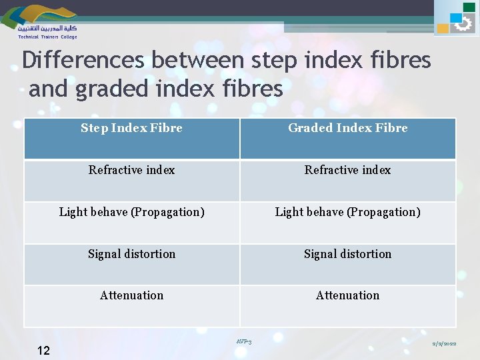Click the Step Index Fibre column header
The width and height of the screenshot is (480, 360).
click(131, 128)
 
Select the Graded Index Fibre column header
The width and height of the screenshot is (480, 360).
click(347, 128)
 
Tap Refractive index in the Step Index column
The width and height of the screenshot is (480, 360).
click(131, 170)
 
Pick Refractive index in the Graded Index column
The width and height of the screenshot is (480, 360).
click(347, 170)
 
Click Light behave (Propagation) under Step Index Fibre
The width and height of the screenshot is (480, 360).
click(131, 212)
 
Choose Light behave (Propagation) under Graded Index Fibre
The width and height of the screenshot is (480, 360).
click(347, 212)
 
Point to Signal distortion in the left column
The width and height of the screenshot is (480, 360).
click(131, 254)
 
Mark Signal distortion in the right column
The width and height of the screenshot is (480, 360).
click(347, 254)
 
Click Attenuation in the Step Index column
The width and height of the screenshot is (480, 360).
click(131, 295)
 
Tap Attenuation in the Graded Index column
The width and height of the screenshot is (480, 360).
click(347, 295)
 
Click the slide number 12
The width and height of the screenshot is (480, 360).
click(43, 350)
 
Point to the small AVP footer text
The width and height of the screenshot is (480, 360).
click(243, 342)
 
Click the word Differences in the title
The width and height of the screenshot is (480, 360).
click(83, 60)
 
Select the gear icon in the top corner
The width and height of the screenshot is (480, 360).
click(462, 25)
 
